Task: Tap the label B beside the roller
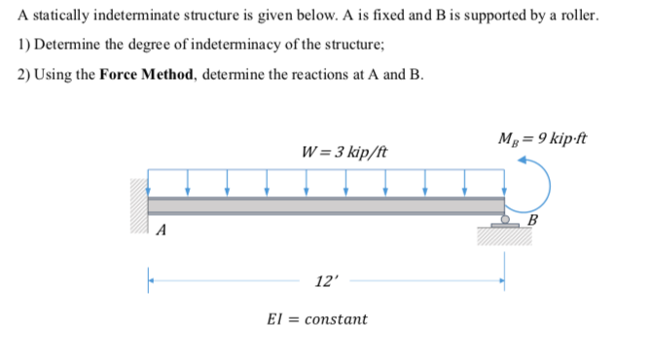[530, 219]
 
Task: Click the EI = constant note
[317, 319]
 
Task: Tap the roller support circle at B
[506, 218]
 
